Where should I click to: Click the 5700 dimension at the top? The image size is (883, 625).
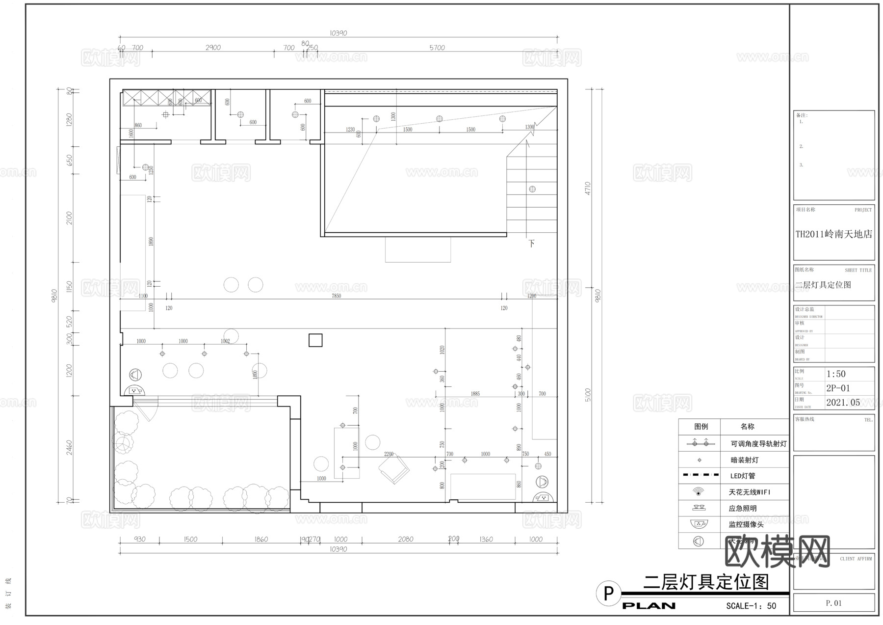pyautogui.click(x=437, y=48)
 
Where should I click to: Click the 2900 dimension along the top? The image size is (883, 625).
pyautogui.click(x=213, y=48)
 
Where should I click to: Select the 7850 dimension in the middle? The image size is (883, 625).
pyautogui.click(x=336, y=296)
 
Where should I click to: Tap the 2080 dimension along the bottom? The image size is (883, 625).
pyautogui.click(x=405, y=539)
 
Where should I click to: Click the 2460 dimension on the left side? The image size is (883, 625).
pyautogui.click(x=69, y=447)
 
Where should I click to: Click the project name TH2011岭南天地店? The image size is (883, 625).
pyautogui.click(x=833, y=234)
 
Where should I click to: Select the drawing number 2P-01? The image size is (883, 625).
pyautogui.click(x=838, y=388)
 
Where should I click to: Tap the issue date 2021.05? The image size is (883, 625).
pyautogui.click(x=843, y=403)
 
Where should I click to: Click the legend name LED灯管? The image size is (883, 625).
pyautogui.click(x=743, y=476)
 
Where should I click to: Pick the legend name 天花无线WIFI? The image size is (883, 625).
pyautogui.click(x=750, y=492)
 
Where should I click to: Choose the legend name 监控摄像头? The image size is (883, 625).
pyautogui.click(x=746, y=524)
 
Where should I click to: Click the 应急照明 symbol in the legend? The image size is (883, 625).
pyautogui.click(x=699, y=508)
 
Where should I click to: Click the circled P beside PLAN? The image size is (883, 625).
pyautogui.click(x=608, y=594)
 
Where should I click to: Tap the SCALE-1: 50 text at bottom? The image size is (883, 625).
pyautogui.click(x=751, y=606)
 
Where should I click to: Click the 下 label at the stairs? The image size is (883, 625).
pyautogui.click(x=531, y=244)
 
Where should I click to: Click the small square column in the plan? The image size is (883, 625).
pyautogui.click(x=315, y=340)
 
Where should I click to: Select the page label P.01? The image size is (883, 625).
pyautogui.click(x=833, y=603)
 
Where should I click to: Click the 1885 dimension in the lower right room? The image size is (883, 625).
pyautogui.click(x=475, y=394)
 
